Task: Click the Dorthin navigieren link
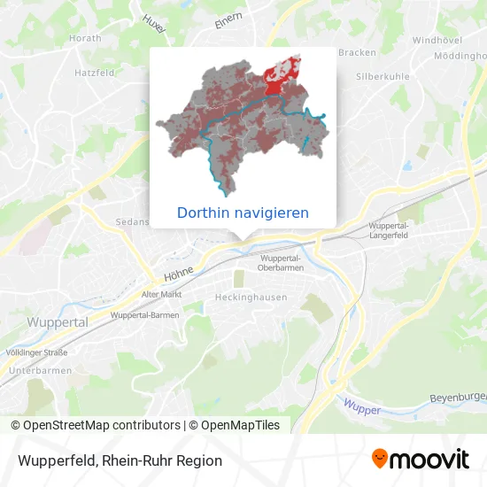point(243,213)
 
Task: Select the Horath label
point(86,38)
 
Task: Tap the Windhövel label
point(437,41)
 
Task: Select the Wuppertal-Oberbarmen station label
point(281,262)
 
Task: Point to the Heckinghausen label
point(251,298)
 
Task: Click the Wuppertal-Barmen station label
point(145,315)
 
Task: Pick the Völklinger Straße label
point(37,352)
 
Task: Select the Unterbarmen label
point(34,370)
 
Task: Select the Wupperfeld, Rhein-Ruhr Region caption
point(117,460)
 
